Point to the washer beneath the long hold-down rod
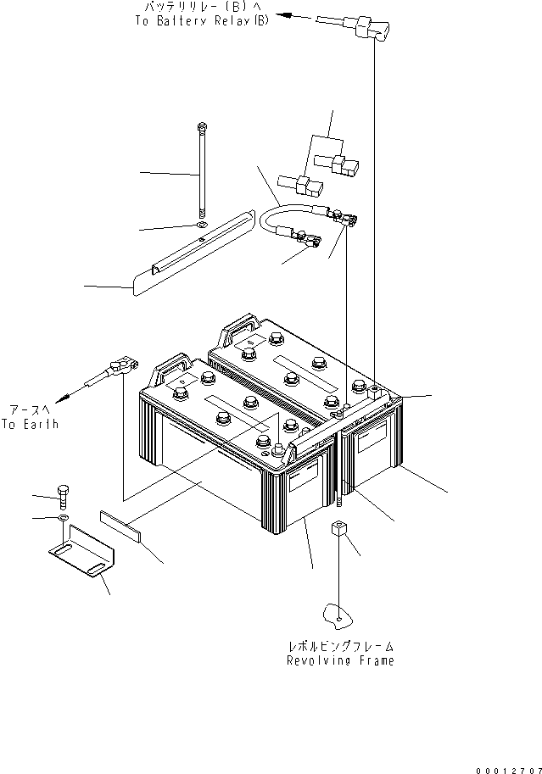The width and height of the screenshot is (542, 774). pyautogui.click(x=199, y=226)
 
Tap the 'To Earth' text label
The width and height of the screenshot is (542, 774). pyautogui.click(x=31, y=424)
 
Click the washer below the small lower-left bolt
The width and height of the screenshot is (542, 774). pyautogui.click(x=63, y=517)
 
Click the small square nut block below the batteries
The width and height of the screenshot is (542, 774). pyautogui.click(x=338, y=532)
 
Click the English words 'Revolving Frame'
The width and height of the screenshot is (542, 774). pyautogui.click(x=340, y=660)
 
